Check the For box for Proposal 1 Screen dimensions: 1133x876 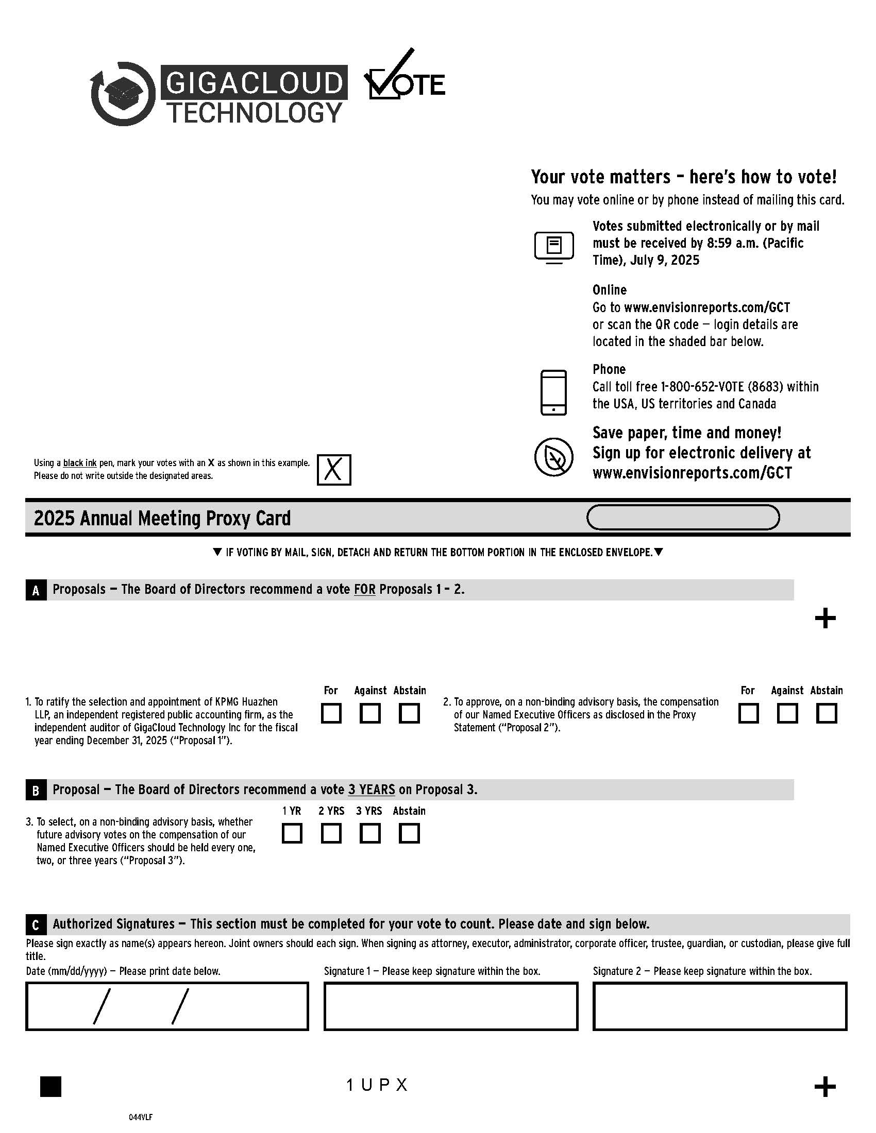(x=331, y=713)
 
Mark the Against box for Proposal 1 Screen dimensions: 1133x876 (x=370, y=713)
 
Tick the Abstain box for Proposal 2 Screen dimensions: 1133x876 (x=826, y=713)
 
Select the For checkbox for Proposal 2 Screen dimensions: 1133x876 (x=748, y=713)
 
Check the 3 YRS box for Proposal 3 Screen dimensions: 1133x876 (x=370, y=834)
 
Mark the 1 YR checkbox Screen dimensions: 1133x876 (x=292, y=834)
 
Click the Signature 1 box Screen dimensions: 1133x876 (x=450, y=1006)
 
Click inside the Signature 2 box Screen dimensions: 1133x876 (x=719, y=1006)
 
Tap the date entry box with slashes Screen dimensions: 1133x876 (x=166, y=1006)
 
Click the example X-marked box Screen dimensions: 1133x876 (x=334, y=470)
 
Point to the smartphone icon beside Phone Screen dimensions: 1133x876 (x=553, y=392)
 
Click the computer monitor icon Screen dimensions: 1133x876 (x=554, y=247)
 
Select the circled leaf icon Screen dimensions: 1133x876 (x=554, y=457)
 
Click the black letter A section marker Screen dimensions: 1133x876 (x=36, y=590)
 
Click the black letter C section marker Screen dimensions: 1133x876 (x=36, y=925)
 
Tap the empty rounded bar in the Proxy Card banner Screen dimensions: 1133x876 (x=682, y=517)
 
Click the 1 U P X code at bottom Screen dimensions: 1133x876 (x=377, y=1085)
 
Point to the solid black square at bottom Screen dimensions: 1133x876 (x=50, y=1086)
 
